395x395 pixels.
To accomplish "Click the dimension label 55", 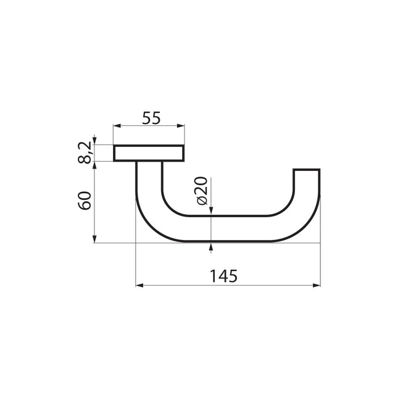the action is (x=151, y=118).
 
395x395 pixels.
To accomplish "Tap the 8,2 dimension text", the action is (x=85, y=152).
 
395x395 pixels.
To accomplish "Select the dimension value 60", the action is (x=85, y=201).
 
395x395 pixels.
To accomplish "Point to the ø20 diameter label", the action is (x=201, y=191).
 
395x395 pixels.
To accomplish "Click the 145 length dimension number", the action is (x=223, y=276).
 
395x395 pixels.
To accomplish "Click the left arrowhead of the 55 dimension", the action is (x=117, y=126).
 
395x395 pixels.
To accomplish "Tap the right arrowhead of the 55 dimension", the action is (x=181, y=126).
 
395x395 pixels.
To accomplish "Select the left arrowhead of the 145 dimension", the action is (x=139, y=285).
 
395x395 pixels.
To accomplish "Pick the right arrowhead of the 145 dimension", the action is (x=317, y=285).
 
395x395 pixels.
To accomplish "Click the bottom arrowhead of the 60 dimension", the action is (x=94, y=239).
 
